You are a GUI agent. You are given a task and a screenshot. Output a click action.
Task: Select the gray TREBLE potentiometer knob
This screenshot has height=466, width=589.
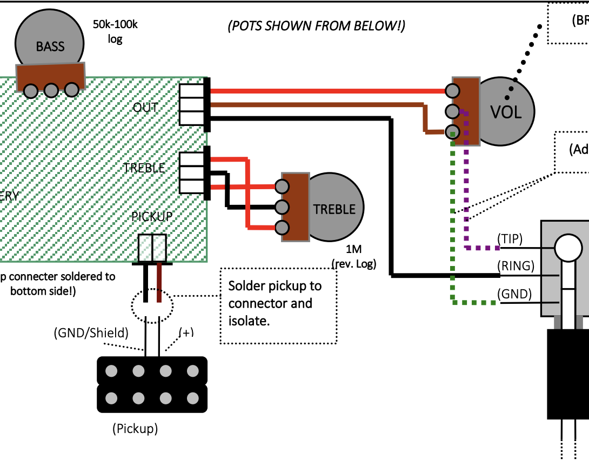tap(335, 209)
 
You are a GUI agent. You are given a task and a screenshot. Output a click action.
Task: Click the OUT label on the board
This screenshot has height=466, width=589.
tap(146, 107)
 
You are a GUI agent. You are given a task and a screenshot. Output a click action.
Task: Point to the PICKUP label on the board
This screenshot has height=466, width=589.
tap(152, 216)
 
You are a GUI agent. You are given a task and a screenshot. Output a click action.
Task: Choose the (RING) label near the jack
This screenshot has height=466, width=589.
tap(516, 266)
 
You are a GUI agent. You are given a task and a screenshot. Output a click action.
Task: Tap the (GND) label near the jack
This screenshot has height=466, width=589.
tap(514, 295)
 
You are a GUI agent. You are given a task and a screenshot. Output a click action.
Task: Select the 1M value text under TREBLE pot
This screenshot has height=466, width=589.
tap(353, 250)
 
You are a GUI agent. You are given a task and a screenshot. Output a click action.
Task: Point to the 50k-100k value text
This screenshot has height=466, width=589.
tap(115, 24)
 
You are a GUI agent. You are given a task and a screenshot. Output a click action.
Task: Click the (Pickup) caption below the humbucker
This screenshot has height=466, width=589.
tap(135, 429)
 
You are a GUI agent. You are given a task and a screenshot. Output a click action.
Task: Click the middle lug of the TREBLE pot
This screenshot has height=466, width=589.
tap(281, 207)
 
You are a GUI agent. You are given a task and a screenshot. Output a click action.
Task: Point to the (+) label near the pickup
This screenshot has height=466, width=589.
tap(185, 332)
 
